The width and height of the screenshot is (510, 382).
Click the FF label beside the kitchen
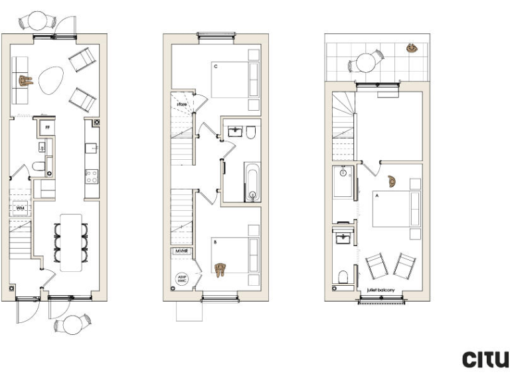click(46, 125)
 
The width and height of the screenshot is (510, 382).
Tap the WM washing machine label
click(20, 208)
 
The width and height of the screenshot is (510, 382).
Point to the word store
click(181, 104)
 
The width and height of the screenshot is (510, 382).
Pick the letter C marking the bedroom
click(215, 66)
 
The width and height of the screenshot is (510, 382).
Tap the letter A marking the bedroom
click(377, 196)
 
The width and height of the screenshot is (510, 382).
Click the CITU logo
click(485, 359)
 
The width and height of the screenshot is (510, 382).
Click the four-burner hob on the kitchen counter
click(91, 176)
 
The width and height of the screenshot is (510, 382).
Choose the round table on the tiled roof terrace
click(365, 62)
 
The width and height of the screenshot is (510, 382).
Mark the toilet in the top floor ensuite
click(343, 276)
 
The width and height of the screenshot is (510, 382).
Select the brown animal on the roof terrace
click(412, 48)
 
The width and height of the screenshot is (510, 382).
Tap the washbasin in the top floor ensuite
click(343, 237)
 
